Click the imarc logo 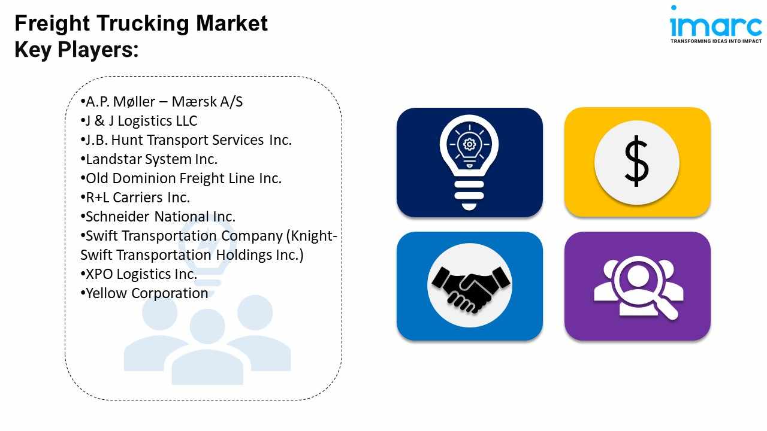coord(716,25)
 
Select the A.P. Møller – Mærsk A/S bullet coord(162,102)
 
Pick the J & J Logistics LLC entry coord(139,121)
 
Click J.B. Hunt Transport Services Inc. coord(186,140)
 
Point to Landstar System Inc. coord(149,159)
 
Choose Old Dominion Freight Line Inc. coord(181,178)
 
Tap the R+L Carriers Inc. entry coord(135,198)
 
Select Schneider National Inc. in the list coord(158,217)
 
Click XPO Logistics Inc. coord(139,274)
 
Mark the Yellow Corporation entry coord(144,293)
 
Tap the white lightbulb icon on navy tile coord(469,162)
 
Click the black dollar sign coord(636,161)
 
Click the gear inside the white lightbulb coord(469,144)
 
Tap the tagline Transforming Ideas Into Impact coord(716,41)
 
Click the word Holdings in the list coord(243,255)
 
